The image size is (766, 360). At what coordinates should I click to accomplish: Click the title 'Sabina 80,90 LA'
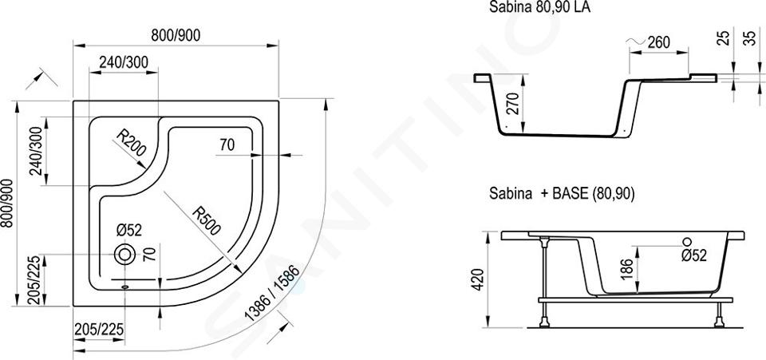[540, 8]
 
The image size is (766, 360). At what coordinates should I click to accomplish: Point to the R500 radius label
[207, 221]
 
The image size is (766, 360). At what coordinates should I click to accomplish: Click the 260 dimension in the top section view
[658, 42]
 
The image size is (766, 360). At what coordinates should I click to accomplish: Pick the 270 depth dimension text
[512, 104]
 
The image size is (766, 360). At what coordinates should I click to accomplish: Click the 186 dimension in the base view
[627, 269]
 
